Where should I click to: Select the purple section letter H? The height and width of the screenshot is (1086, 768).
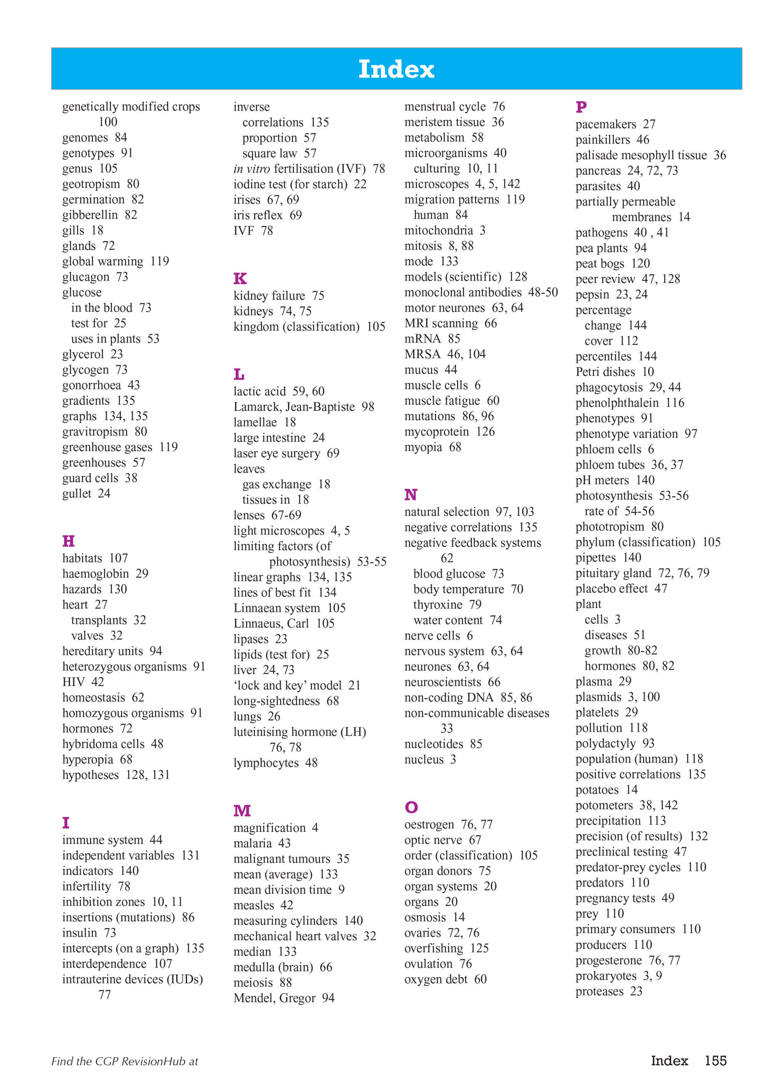[x=69, y=541]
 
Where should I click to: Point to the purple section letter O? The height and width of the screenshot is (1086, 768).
[x=411, y=807]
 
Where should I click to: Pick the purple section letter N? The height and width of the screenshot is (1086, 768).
[x=411, y=494]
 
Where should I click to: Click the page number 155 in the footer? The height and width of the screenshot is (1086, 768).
[x=715, y=1060]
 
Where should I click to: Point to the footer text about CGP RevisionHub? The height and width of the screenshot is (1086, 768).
[x=124, y=1061]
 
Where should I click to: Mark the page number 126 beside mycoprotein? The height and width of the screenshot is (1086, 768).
[x=485, y=431]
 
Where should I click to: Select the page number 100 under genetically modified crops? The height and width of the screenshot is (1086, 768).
[x=108, y=122]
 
